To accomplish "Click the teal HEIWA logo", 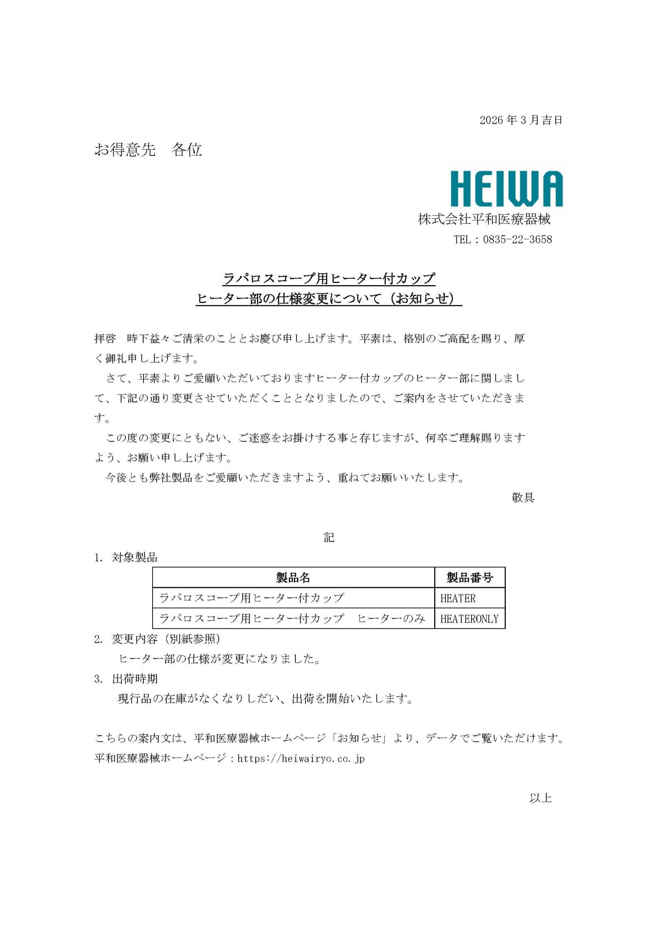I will click(x=506, y=189).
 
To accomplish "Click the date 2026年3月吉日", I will click(x=521, y=120).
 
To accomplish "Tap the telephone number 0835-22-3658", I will click(x=517, y=239).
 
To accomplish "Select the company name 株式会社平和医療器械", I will click(x=484, y=219).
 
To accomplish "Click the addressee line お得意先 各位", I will click(x=148, y=150).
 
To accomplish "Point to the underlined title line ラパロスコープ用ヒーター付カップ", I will click(x=329, y=278).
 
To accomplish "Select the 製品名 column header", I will click(x=293, y=578).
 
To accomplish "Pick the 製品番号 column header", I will click(x=469, y=578).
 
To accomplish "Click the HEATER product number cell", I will click(x=458, y=598).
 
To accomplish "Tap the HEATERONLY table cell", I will click(x=469, y=619).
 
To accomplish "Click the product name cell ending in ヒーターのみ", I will click(x=292, y=619).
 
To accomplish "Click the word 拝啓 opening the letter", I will click(x=105, y=338).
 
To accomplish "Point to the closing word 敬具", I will click(x=523, y=497).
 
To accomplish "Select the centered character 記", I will click(x=328, y=538).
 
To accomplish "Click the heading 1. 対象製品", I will click(x=126, y=558).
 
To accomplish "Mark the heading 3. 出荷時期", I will click(x=126, y=679).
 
